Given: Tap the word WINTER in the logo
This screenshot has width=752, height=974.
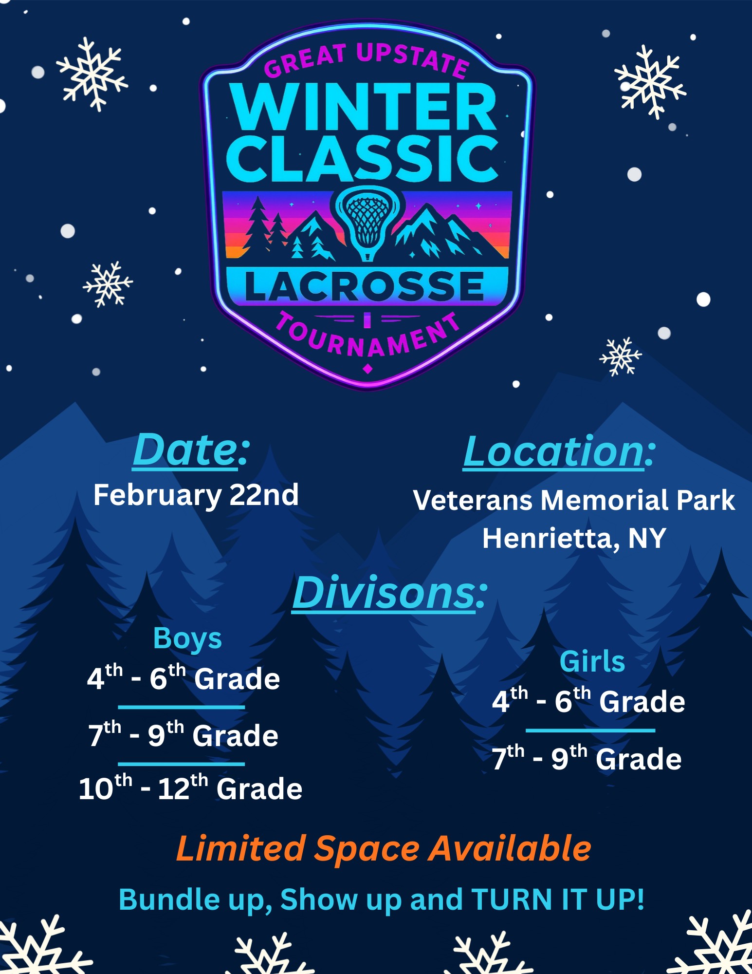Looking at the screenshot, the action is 365,107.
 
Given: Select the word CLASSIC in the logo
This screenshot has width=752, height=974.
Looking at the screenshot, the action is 363,159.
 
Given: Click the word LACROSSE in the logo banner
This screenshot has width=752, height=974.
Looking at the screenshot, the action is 365,286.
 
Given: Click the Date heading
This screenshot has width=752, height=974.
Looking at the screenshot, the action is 191,450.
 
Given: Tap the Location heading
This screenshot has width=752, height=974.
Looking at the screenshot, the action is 559,452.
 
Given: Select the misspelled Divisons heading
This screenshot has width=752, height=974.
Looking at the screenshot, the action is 389,593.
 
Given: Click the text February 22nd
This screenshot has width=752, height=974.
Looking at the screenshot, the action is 196,496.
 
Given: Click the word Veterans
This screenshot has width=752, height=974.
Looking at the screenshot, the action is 473,500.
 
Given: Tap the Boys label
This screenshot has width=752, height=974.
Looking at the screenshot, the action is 187,639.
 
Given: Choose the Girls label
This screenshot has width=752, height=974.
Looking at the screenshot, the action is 592,662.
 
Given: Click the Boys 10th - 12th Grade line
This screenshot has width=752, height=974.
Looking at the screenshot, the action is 190,787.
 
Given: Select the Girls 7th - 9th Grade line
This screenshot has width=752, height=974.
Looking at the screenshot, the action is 587,758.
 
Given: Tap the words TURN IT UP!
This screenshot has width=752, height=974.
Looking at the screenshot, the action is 558,899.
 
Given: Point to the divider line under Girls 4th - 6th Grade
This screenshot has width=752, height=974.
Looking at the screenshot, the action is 590,730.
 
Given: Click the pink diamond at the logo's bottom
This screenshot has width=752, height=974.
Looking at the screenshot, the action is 368,369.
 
